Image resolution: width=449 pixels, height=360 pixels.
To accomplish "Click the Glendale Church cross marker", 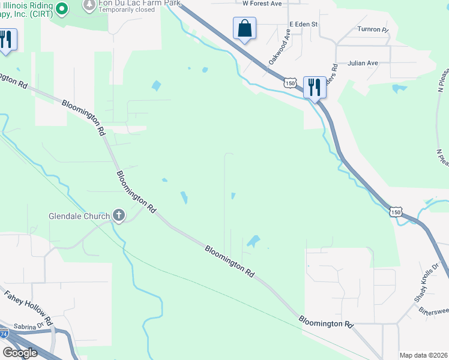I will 119,215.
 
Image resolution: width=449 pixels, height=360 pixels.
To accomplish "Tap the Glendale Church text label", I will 79,216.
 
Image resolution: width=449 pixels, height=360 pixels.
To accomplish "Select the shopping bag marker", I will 244,28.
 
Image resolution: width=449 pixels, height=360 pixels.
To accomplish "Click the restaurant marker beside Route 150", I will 315,87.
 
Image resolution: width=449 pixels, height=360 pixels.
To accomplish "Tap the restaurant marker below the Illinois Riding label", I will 6,40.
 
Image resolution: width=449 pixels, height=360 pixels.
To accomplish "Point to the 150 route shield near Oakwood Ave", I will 291,83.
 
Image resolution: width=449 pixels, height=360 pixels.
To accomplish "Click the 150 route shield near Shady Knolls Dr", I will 395,211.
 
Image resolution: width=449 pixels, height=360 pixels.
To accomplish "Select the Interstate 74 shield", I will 3,334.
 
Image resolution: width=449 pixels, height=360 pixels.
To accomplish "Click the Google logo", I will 20,353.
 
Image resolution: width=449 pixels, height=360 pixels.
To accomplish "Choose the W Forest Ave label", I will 262,4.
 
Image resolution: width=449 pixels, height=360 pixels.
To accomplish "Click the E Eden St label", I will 303,24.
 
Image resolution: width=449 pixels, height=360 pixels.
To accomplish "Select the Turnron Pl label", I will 373,29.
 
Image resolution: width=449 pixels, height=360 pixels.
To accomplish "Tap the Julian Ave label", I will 365,62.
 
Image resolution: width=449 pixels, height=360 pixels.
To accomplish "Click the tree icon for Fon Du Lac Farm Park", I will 89,5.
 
